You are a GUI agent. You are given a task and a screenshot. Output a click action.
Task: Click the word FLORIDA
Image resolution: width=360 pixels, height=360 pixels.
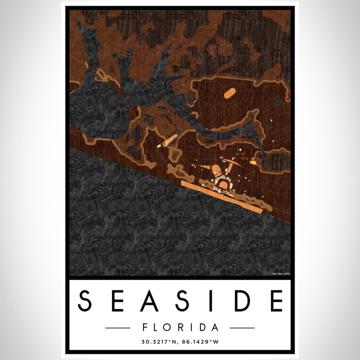point(179,328)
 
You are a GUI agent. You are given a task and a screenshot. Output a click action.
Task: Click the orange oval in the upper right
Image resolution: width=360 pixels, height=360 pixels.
point(229,93)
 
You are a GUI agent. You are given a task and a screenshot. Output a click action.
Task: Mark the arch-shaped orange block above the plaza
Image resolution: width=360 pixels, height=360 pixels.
point(217,170)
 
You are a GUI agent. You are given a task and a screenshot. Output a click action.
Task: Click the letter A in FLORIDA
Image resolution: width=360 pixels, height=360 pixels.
point(214,328)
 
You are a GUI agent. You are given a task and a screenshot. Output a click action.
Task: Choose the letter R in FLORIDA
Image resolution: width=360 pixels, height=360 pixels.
point(181,328)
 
